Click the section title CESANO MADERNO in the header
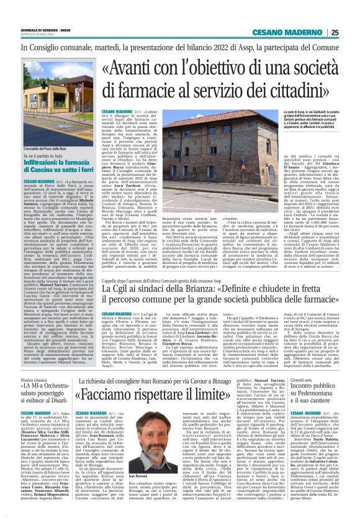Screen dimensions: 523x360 (x=298, y=33)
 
